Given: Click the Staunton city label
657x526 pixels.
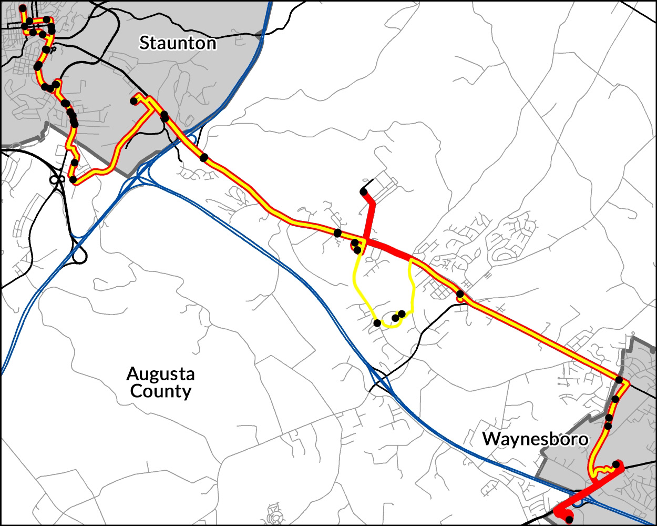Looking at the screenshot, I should (x=177, y=43).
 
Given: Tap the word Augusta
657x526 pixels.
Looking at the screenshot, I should (x=160, y=374).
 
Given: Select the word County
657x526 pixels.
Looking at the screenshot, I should (x=160, y=391).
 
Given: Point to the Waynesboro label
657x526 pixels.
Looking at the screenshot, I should (x=535, y=439).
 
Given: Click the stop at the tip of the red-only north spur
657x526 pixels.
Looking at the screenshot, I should (x=363, y=191).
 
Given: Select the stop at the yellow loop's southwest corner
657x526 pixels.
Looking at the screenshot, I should (x=377, y=322).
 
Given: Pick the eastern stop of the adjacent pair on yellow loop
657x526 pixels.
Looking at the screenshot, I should (x=402, y=314).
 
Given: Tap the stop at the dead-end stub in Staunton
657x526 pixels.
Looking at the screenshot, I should (x=134, y=100).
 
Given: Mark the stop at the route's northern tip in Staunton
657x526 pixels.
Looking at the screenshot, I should (x=22, y=8).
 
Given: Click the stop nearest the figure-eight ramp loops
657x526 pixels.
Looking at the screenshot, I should (x=73, y=180).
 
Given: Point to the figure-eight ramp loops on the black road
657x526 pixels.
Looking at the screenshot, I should (x=57, y=180).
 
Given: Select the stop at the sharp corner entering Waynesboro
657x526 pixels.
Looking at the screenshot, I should (x=619, y=380).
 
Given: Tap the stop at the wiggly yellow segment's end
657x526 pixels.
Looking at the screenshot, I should (x=616, y=464).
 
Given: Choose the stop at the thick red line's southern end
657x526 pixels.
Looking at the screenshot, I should (x=569, y=520).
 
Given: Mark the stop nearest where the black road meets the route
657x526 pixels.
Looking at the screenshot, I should (x=460, y=294).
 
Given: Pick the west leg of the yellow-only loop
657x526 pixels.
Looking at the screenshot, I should (x=356, y=284).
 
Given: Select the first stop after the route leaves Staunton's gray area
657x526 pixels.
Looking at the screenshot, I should (x=203, y=157).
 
